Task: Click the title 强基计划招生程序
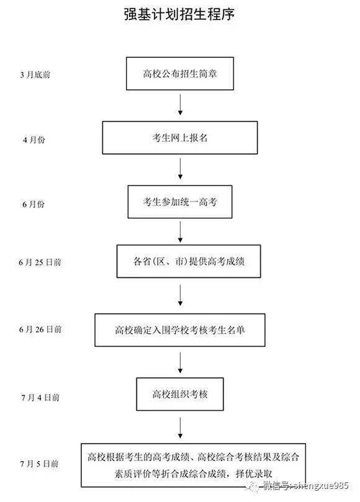click(179, 14)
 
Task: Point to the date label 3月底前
click(35, 74)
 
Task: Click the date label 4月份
click(34, 140)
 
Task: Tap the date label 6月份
click(34, 204)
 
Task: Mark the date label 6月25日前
click(40, 262)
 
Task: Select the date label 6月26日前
click(40, 329)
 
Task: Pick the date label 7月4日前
click(40, 397)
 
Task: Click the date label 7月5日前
click(39, 464)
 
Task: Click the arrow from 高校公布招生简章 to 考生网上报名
click(181, 105)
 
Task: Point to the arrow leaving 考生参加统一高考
click(181, 232)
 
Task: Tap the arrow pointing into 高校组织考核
click(181, 363)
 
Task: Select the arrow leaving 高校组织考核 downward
click(181, 428)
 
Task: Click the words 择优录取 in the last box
click(254, 473)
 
